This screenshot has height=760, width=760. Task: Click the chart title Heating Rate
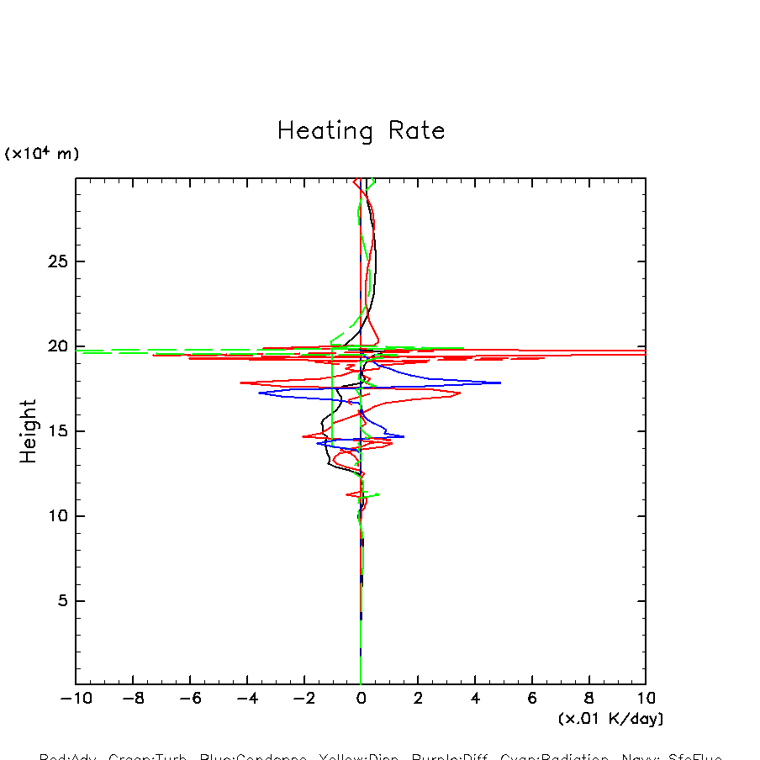(361, 131)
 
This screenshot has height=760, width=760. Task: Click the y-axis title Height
(29, 431)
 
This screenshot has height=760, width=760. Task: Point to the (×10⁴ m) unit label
(42, 154)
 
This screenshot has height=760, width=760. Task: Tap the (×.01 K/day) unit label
(610, 719)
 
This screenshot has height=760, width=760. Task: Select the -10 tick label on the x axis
(76, 699)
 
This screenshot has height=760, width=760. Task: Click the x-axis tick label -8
(133, 699)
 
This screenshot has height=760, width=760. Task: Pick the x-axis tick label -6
(190, 699)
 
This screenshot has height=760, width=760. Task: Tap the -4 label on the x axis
(247, 699)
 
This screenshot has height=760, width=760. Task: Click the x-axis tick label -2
(303, 699)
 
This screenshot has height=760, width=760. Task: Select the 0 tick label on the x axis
(361, 699)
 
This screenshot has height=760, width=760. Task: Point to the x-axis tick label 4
(475, 699)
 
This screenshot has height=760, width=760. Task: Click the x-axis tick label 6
(532, 699)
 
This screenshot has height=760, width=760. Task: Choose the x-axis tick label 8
(588, 699)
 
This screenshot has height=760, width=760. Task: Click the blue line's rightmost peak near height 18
(500, 383)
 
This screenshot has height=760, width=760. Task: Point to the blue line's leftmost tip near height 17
(259, 393)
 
